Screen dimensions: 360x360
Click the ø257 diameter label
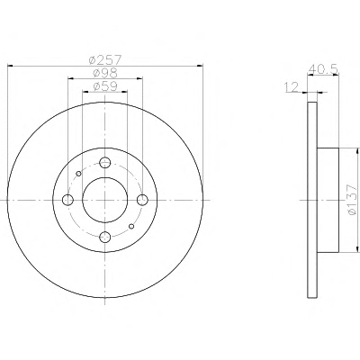pyautogui.click(x=105, y=59)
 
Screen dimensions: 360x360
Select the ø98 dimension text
pyautogui.click(x=105, y=73)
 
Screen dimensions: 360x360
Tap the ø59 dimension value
pyautogui.click(x=105, y=86)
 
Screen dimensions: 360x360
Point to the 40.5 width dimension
pyautogui.click(x=323, y=69)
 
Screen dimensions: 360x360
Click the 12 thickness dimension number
pyautogui.click(x=291, y=87)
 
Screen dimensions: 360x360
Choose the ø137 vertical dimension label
pyautogui.click(x=352, y=200)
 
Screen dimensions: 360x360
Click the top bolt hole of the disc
pyautogui.click(x=105, y=163)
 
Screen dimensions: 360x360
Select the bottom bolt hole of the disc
pyautogui.click(x=105, y=238)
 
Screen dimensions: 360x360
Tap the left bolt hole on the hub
pyautogui.click(x=68, y=200)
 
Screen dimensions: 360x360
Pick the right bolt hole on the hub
pyautogui.click(x=142, y=200)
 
